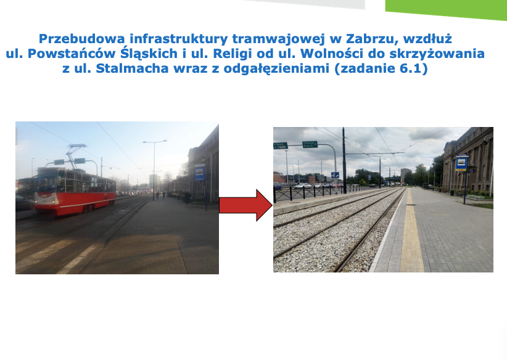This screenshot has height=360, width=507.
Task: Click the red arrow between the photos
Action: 245,205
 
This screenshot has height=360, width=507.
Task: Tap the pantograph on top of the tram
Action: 75,156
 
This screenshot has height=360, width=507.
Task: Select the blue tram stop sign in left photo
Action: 199,172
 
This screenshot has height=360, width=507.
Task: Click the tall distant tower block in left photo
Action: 155,182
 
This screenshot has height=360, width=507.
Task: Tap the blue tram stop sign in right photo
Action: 461,163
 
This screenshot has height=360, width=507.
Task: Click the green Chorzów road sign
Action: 310,144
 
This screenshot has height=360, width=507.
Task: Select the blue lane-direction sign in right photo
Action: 335,175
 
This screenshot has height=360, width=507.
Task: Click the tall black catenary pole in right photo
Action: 344,161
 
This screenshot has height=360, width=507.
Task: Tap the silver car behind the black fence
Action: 302,186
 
